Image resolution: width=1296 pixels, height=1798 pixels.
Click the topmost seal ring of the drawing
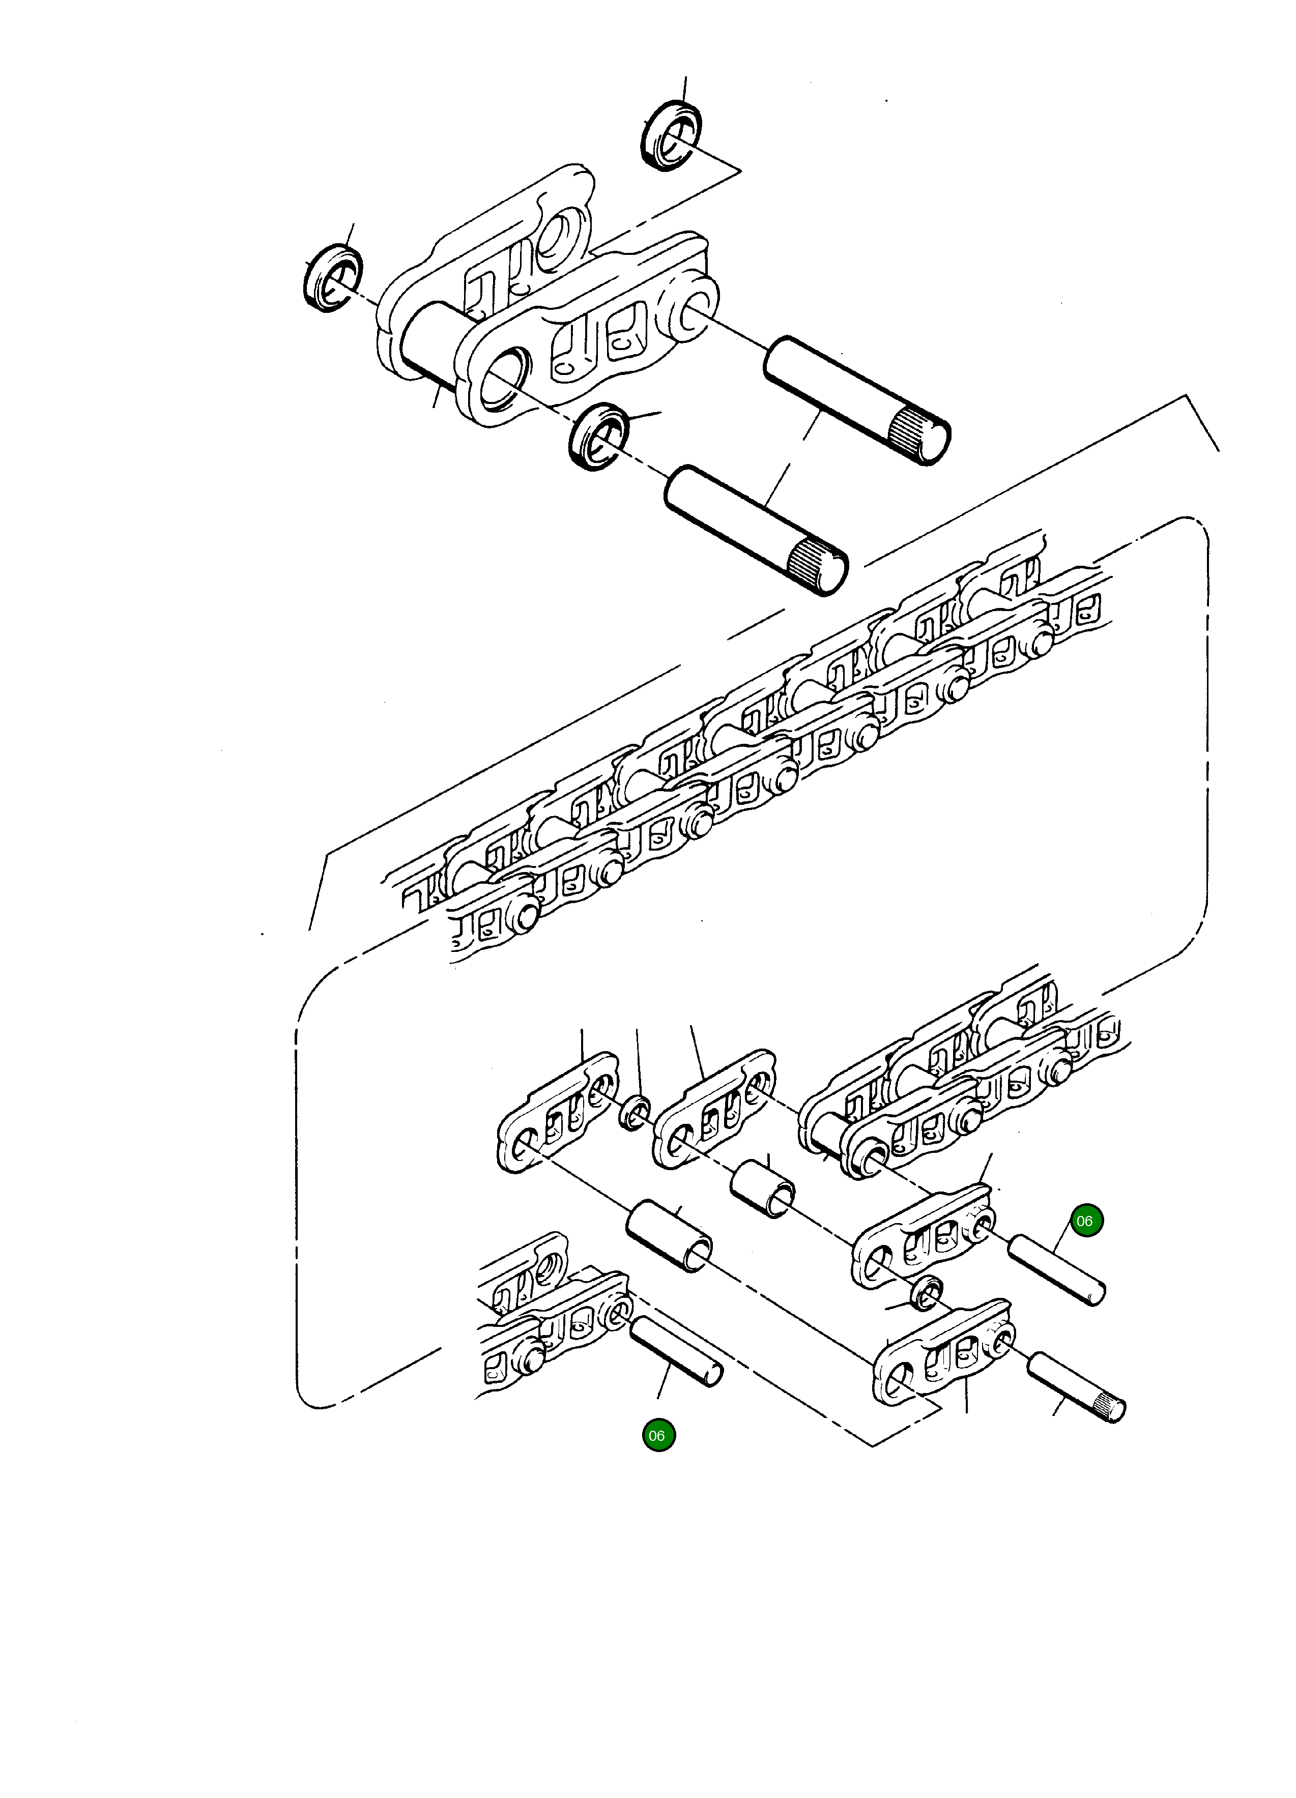pyautogui.click(x=671, y=135)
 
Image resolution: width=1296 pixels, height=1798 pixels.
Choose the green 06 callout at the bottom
pyautogui.click(x=657, y=1436)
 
